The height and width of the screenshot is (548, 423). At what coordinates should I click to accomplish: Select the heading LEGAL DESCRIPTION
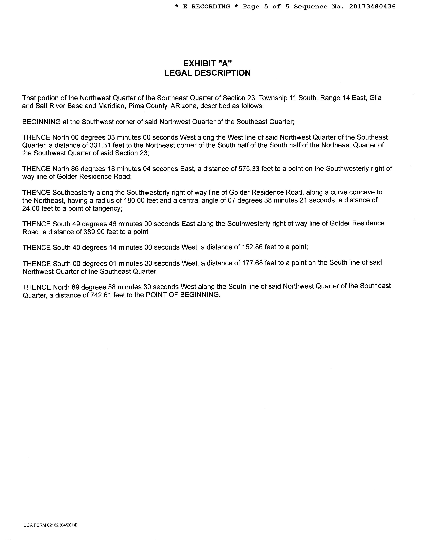pyautogui.click(x=208, y=73)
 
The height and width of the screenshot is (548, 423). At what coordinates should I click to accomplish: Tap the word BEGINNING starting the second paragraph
pyautogui.click(x=41, y=122)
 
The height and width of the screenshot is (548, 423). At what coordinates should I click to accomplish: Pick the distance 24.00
pyautogui.click(x=31, y=208)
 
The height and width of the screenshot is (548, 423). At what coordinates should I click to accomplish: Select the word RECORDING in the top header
pyautogui.click(x=211, y=6)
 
